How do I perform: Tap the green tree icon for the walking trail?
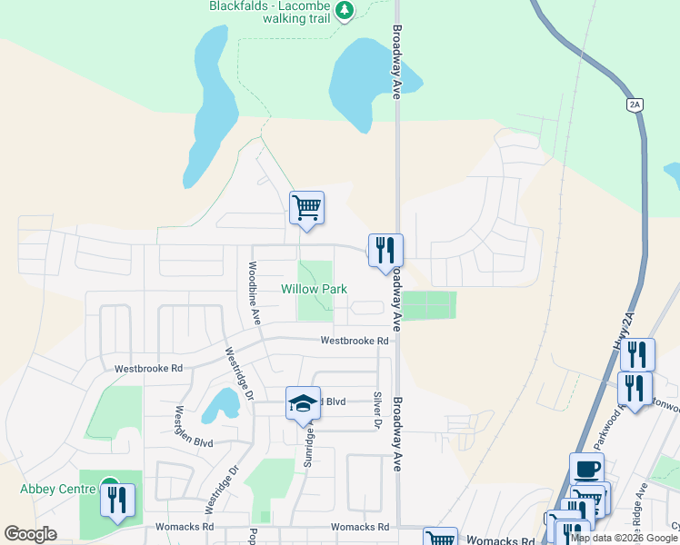click(x=344, y=11)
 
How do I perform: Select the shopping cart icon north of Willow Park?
click(x=307, y=208)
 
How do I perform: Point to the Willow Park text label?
click(x=314, y=289)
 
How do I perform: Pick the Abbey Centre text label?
click(x=57, y=489)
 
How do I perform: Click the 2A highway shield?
click(x=635, y=104)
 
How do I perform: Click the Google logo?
click(x=31, y=533)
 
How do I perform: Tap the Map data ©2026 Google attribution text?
click(x=624, y=538)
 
